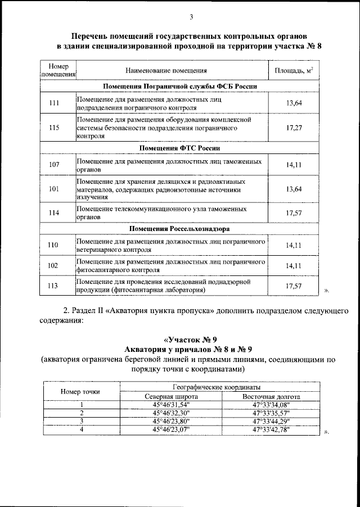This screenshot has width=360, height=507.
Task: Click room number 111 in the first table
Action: pyautogui.click(x=54, y=103)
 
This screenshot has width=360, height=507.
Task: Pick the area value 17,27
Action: pyautogui.click(x=294, y=128)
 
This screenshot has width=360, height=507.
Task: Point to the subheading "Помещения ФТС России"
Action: pyautogui.click(x=180, y=148)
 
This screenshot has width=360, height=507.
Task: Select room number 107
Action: pyautogui.click(x=54, y=165)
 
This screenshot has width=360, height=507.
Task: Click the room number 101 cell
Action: pyautogui.click(x=54, y=189)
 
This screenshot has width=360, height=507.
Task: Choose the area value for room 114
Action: pyautogui.click(x=294, y=212)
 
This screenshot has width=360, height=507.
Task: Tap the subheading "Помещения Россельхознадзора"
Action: pyautogui.click(x=180, y=229)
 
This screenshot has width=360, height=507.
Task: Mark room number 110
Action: pyautogui.click(x=54, y=245)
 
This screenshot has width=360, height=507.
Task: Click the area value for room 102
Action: pyautogui.click(x=294, y=265)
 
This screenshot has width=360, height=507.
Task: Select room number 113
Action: pyautogui.click(x=54, y=286)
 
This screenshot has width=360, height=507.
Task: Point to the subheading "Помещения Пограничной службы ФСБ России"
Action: pyautogui.click(x=180, y=86)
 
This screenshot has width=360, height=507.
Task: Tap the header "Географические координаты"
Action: pyautogui.click(x=220, y=388)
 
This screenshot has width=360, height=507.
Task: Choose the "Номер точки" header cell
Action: pyautogui.click(x=82, y=392)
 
